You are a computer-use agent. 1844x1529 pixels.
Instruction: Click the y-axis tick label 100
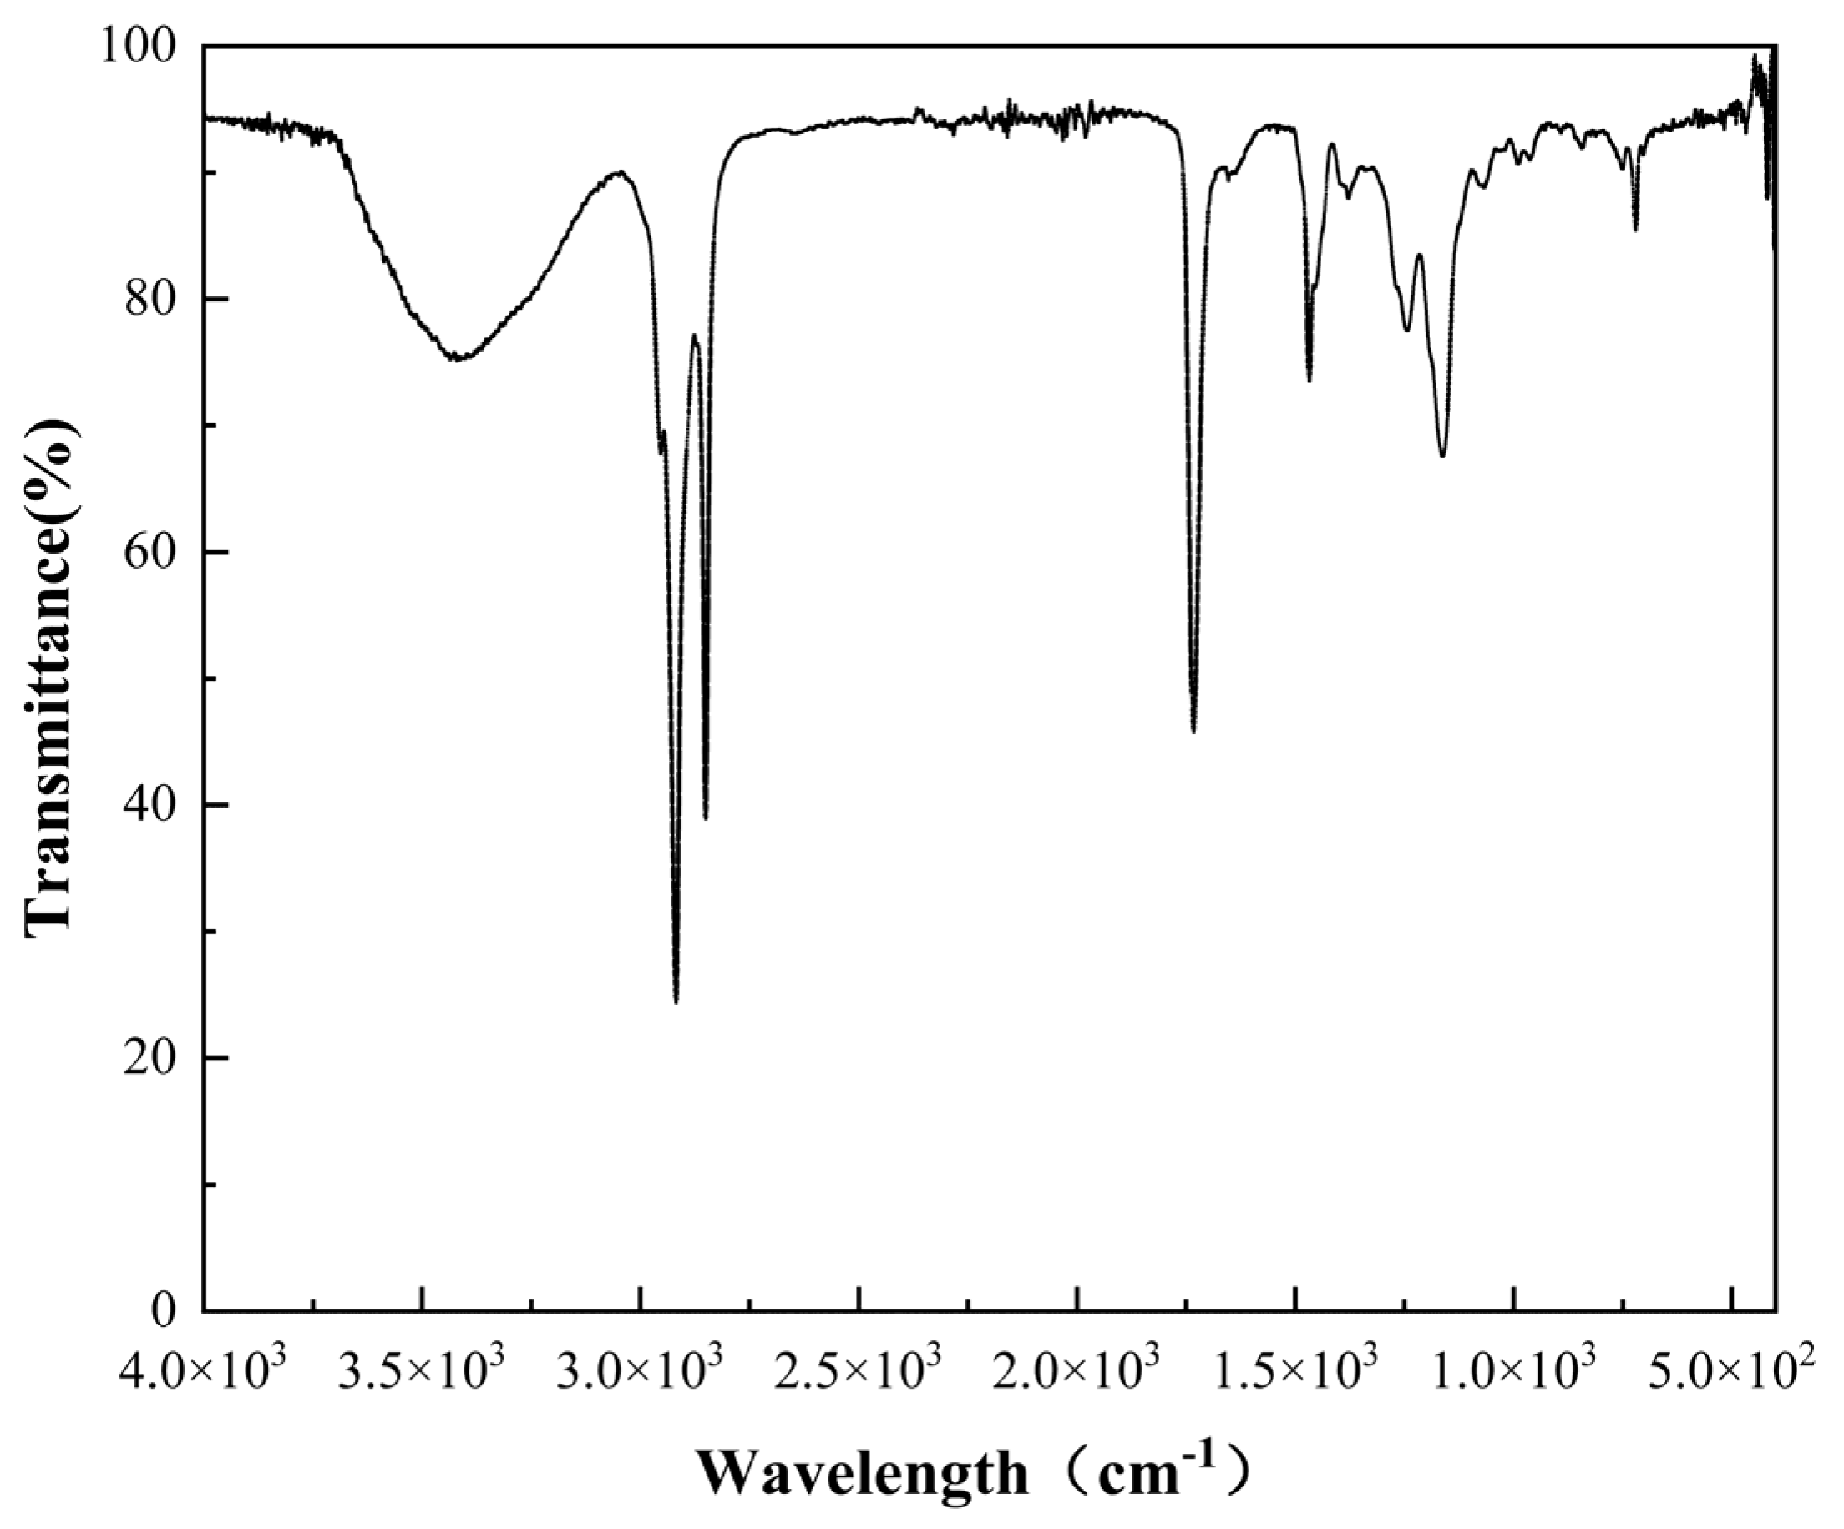141,47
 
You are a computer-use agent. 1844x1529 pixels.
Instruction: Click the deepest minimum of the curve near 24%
676,1002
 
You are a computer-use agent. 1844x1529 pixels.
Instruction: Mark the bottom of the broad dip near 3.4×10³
458,358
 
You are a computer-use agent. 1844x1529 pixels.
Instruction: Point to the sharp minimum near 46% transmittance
1193,732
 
